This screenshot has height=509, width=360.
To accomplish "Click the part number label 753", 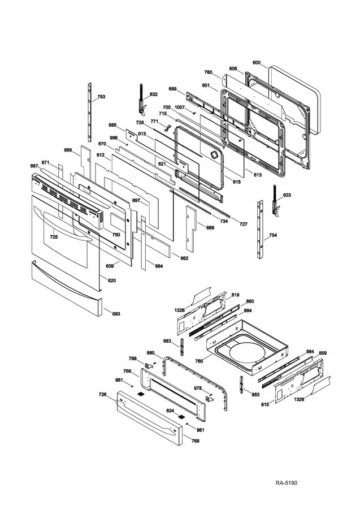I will click(x=101, y=97).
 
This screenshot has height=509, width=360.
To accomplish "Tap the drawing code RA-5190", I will click(x=287, y=482).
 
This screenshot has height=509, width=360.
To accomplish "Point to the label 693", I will click(x=115, y=313).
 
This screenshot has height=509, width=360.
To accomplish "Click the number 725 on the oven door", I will click(x=53, y=237).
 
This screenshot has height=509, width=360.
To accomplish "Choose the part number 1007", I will click(x=180, y=107).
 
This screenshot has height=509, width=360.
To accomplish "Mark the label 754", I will click(x=272, y=235).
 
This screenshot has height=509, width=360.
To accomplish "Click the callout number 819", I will click(x=235, y=295).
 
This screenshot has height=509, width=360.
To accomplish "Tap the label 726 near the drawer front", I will click(x=102, y=394).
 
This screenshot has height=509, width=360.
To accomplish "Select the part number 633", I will click(x=287, y=195).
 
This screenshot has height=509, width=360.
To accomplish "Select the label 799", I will click(x=132, y=359).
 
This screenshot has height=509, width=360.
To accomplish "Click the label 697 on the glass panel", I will click(x=136, y=200).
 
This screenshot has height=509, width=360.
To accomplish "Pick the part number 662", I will click(x=184, y=258).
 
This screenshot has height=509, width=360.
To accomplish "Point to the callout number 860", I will click(x=250, y=301).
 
